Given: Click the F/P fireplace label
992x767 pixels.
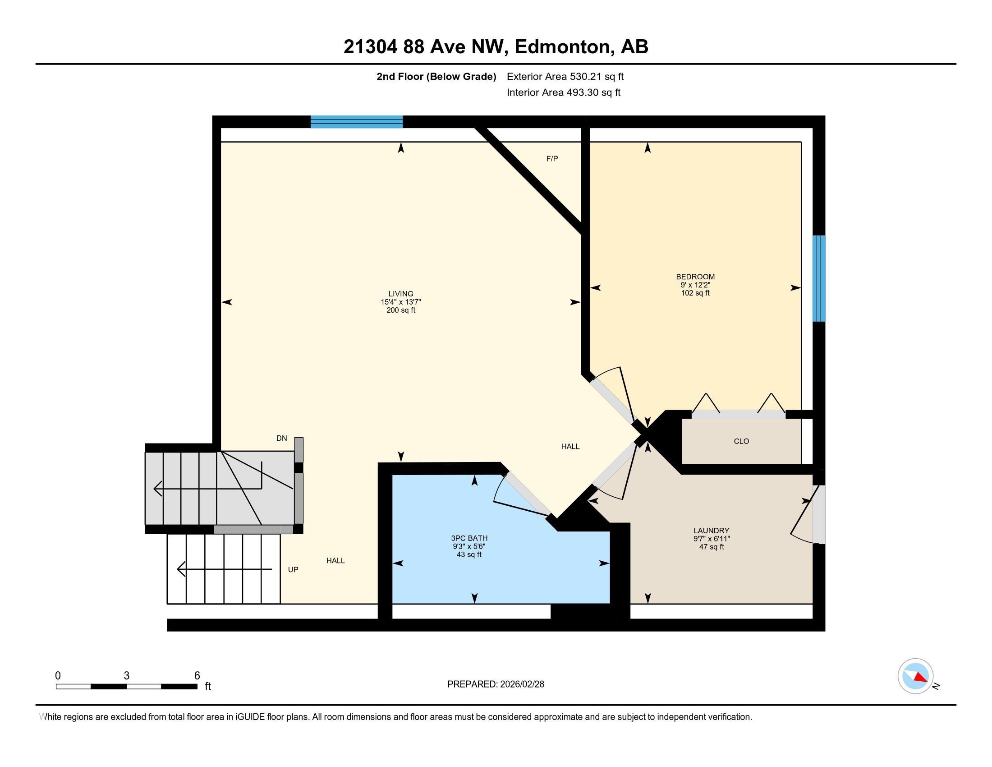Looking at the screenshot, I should click(x=552, y=158).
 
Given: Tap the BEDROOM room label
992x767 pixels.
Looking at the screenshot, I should click(x=695, y=277).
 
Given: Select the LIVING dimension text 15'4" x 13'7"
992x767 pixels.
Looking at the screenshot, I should click(x=400, y=302).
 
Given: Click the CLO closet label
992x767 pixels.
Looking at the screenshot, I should click(x=741, y=441).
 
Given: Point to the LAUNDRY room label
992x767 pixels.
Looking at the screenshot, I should click(x=711, y=531).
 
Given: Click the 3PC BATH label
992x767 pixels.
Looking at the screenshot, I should click(x=469, y=538).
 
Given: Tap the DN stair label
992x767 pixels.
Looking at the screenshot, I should click(x=282, y=439).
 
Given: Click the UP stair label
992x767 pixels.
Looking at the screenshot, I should click(x=293, y=569).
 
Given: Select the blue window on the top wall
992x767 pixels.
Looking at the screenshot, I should click(x=357, y=122).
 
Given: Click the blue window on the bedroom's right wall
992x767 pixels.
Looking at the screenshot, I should click(x=818, y=278).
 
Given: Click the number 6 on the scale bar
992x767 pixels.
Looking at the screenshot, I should click(x=197, y=676).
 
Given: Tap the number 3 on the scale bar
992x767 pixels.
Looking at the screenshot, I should click(x=126, y=676).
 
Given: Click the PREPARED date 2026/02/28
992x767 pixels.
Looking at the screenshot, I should click(x=521, y=684).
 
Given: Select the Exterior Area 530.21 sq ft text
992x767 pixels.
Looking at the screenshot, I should click(x=565, y=76).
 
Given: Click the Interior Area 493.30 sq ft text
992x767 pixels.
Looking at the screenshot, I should click(x=563, y=92).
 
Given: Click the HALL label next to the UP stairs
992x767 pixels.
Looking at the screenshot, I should click(x=335, y=561).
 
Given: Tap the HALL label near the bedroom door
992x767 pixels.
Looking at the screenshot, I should click(x=570, y=447).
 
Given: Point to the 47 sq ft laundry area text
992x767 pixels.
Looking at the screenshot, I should click(x=711, y=547).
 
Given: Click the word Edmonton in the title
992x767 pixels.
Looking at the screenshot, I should click(x=562, y=47).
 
